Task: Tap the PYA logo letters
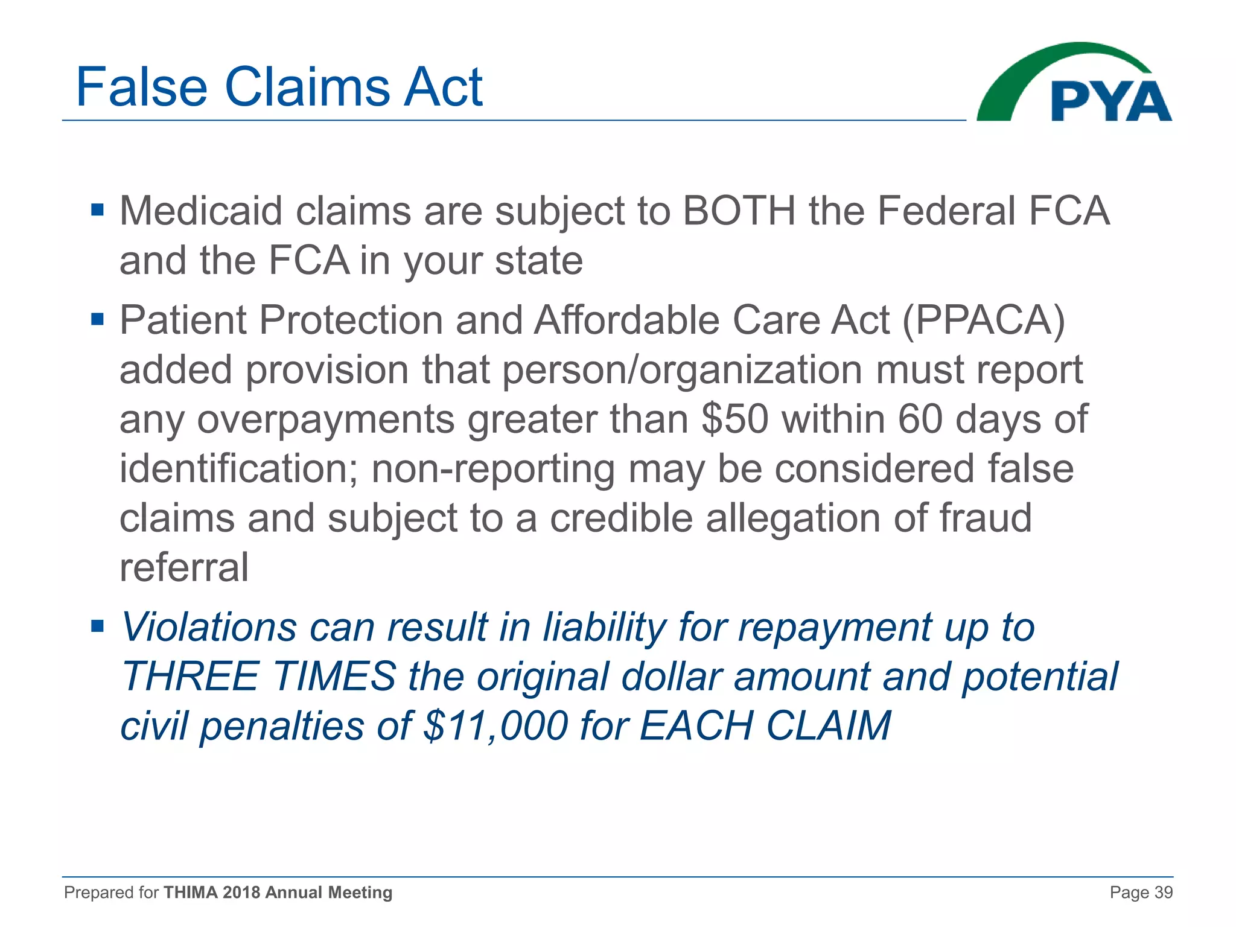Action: coord(1111,101)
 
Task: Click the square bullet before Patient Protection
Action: coord(97,318)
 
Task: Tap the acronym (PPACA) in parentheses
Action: coord(984,320)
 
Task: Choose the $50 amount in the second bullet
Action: coord(735,419)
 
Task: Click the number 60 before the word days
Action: coord(920,419)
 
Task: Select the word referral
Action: coord(184,567)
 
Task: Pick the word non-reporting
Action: coord(493,470)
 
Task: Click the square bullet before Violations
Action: coord(97,626)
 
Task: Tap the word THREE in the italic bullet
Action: coord(191,677)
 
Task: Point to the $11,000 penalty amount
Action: coord(495,725)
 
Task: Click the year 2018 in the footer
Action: coord(241,893)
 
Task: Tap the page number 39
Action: coord(1163,893)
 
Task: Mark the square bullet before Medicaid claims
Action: coord(97,211)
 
